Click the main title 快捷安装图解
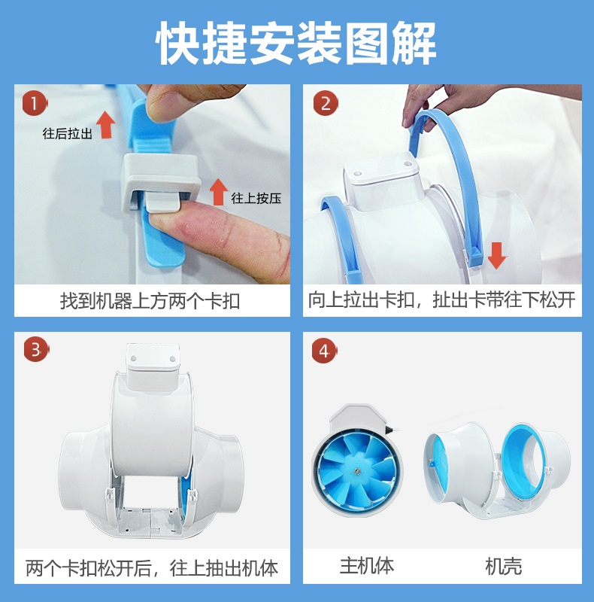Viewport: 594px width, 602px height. point(296,43)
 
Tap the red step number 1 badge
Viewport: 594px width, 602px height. point(35,103)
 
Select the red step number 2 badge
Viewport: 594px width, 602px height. point(326,103)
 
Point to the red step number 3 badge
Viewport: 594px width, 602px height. point(36,350)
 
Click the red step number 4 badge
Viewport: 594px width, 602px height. point(324,351)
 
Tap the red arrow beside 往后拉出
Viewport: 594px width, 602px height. point(106,124)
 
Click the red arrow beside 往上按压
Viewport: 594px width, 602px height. point(219,192)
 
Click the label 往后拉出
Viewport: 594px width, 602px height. point(68,134)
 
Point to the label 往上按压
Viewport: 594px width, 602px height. point(256,199)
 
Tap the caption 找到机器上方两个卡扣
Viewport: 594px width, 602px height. point(150,301)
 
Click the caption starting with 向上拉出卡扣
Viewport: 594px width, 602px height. point(441,299)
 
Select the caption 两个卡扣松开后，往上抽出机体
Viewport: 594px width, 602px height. point(152,568)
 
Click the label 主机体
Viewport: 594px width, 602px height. point(366,566)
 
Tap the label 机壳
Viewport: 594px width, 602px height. point(504,567)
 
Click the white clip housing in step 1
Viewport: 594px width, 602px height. point(161,181)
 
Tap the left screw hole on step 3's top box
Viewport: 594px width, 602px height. point(134,358)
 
